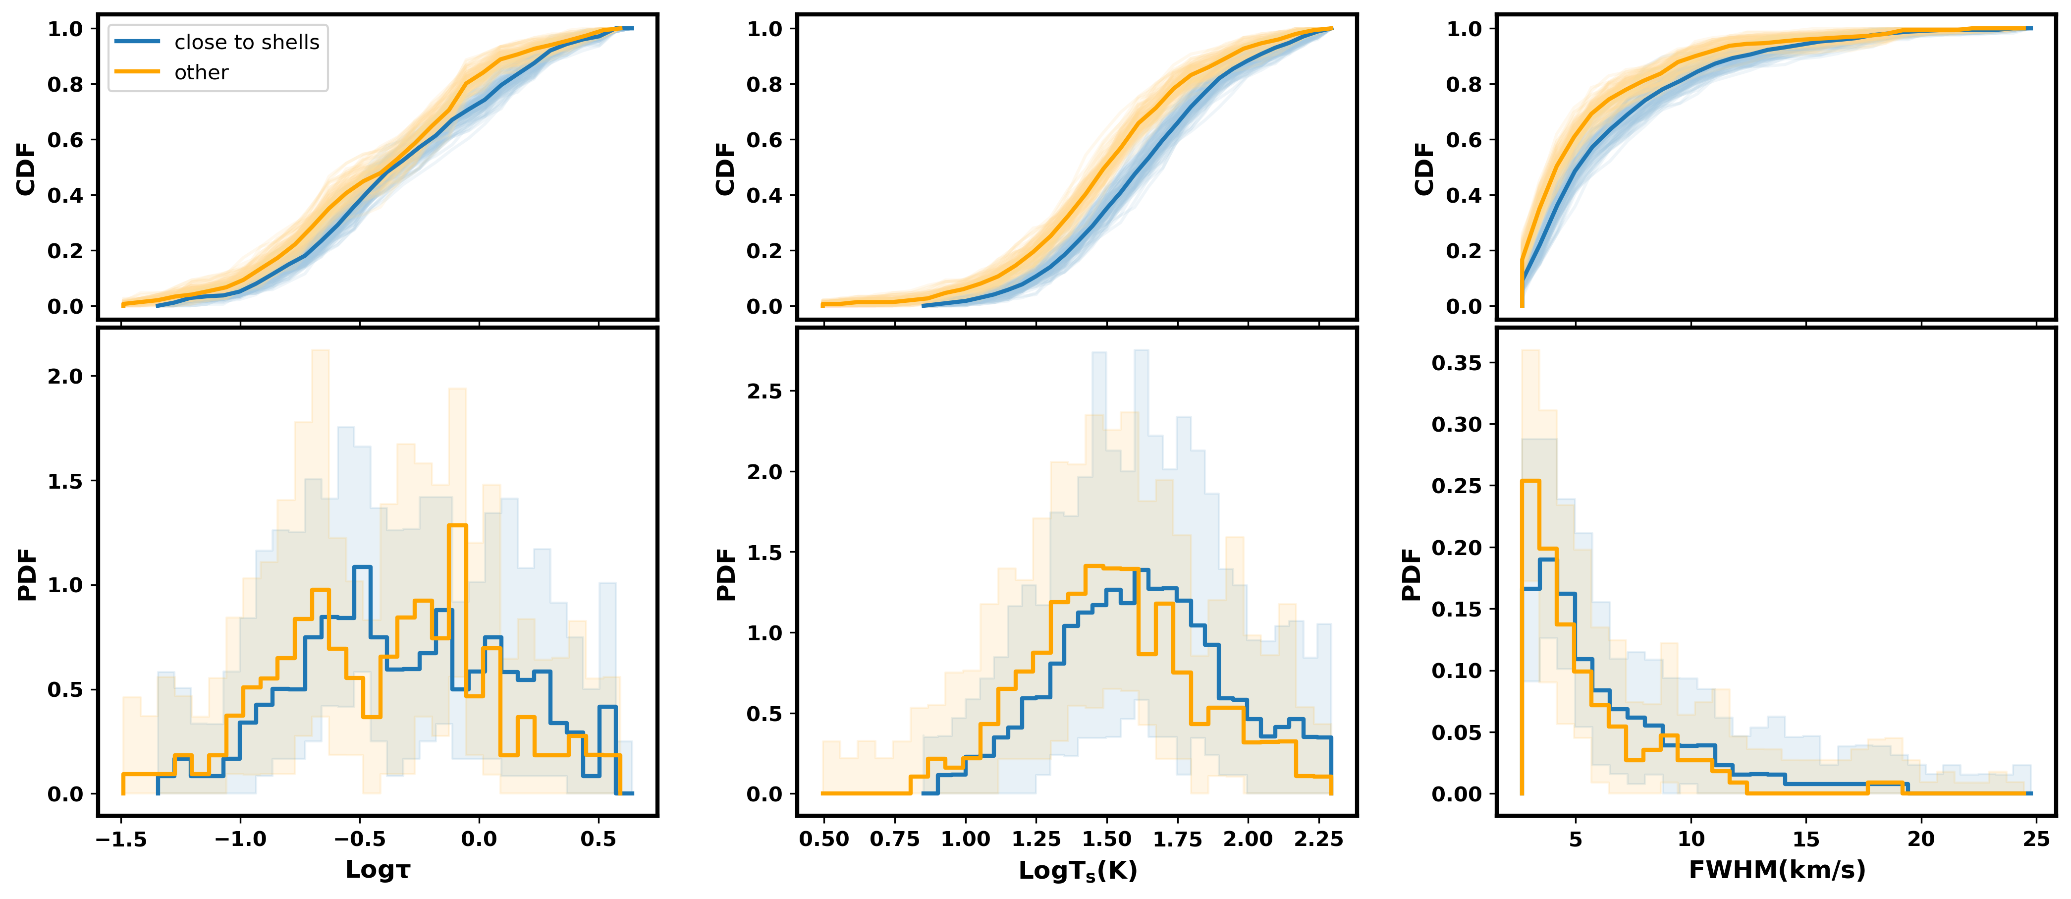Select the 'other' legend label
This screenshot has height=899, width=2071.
(x=201, y=72)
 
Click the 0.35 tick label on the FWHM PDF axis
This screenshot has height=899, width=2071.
(x=1456, y=363)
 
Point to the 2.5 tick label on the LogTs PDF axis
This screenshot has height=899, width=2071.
(x=764, y=391)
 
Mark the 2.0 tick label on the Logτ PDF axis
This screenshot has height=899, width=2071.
(x=64, y=376)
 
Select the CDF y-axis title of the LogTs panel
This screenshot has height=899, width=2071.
(x=725, y=169)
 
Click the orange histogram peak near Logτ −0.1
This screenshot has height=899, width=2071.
(x=457, y=525)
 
